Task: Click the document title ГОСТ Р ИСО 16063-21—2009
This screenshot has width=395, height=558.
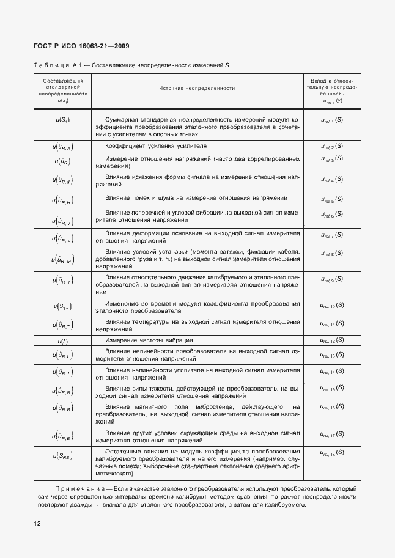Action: (x=81, y=46)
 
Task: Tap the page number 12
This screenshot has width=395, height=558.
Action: (x=37, y=524)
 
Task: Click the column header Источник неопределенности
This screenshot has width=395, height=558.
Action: (x=197, y=89)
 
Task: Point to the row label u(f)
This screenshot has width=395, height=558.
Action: (x=63, y=340)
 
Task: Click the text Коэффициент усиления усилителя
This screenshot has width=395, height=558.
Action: (x=156, y=147)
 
